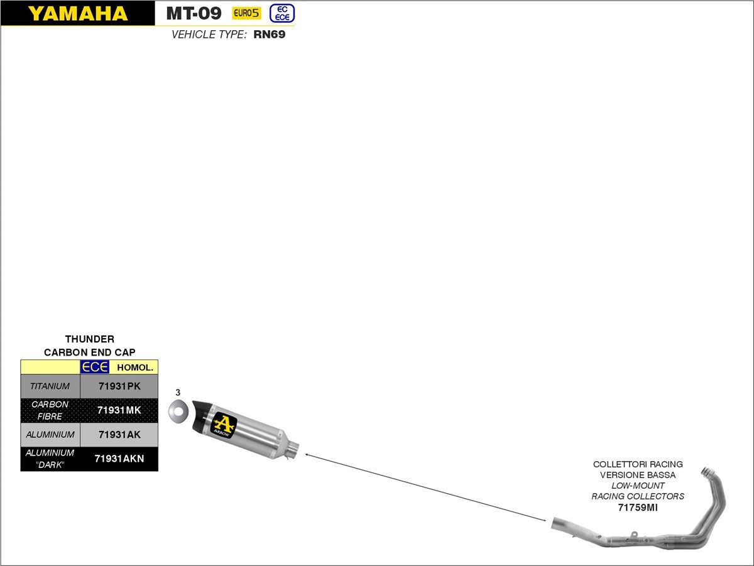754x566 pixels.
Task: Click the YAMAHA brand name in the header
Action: click(77, 13)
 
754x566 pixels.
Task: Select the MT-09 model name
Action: click(194, 13)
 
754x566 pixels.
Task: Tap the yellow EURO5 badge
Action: click(246, 13)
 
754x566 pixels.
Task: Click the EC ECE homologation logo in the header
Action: click(282, 13)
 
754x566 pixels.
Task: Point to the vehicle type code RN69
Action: click(270, 35)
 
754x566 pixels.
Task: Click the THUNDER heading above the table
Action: click(90, 339)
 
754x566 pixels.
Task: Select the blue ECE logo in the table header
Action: click(95, 367)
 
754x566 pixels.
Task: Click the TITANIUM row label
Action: click(50, 386)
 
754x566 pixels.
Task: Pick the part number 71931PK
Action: click(119, 386)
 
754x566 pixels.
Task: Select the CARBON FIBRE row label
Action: click(50, 410)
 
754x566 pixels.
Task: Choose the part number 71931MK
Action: click(119, 410)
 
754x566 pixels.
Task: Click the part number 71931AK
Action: click(119, 435)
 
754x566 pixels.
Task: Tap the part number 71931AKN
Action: click(119, 459)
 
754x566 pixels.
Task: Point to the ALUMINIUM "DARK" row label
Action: click(50, 459)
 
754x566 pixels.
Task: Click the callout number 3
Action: click(178, 392)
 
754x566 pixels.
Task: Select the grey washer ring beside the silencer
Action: click(178, 412)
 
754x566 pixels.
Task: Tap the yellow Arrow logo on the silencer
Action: click(224, 425)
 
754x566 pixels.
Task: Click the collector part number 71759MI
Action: click(638, 507)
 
